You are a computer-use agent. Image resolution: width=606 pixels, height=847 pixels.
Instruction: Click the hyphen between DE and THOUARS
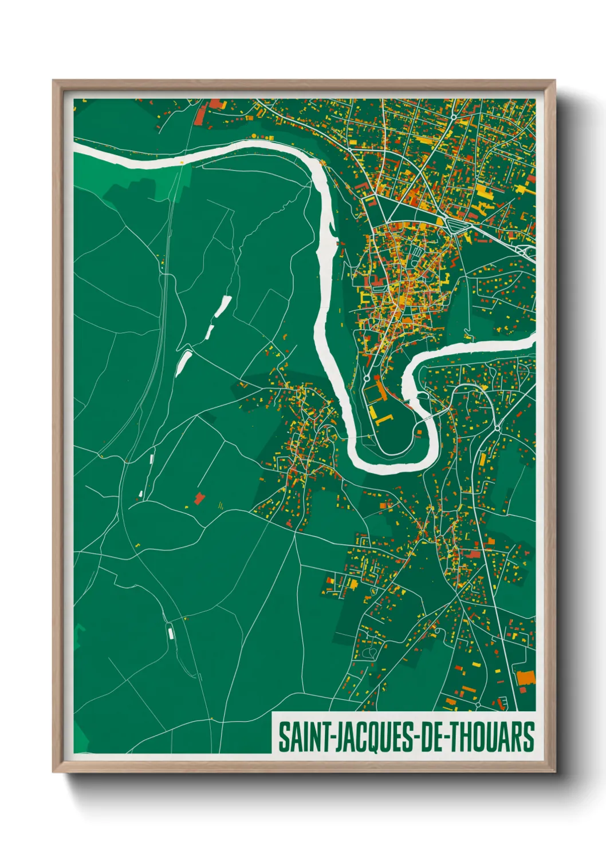coord(442,738)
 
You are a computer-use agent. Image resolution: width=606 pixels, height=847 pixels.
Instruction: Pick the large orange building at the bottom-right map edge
coord(525,678)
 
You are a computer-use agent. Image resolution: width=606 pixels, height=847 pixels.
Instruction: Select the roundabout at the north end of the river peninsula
coord(366,379)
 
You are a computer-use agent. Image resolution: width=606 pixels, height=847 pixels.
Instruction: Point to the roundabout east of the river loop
coord(497,428)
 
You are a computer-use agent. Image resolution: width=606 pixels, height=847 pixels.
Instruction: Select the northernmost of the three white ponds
coord(223,306)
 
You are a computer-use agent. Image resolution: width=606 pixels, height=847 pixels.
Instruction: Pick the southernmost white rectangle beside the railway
coord(170,632)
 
